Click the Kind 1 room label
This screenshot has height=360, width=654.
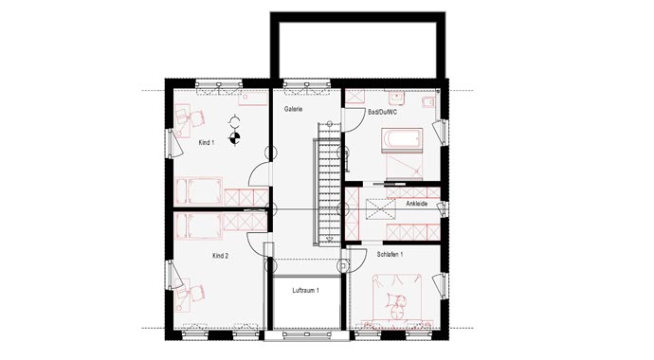[207, 142]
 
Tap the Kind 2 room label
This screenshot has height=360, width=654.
[220, 256]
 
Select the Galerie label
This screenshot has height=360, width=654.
[293, 109]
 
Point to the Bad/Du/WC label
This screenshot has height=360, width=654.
[382, 113]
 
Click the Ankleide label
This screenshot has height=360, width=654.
[417, 205]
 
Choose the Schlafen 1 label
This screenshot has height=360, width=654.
[390, 254]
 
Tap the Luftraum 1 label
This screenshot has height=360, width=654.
[306, 291]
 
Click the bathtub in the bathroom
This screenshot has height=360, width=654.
[402, 138]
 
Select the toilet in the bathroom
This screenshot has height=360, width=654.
[428, 102]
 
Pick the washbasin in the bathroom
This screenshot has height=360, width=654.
[396, 99]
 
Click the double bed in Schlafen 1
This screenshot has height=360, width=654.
[397, 300]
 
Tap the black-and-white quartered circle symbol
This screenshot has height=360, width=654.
[235, 137]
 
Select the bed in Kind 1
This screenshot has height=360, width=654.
[198, 191]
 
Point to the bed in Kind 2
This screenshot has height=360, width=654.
[198, 226]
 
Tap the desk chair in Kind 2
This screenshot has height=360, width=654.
[196, 294]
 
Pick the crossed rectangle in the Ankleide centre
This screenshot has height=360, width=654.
[380, 207]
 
